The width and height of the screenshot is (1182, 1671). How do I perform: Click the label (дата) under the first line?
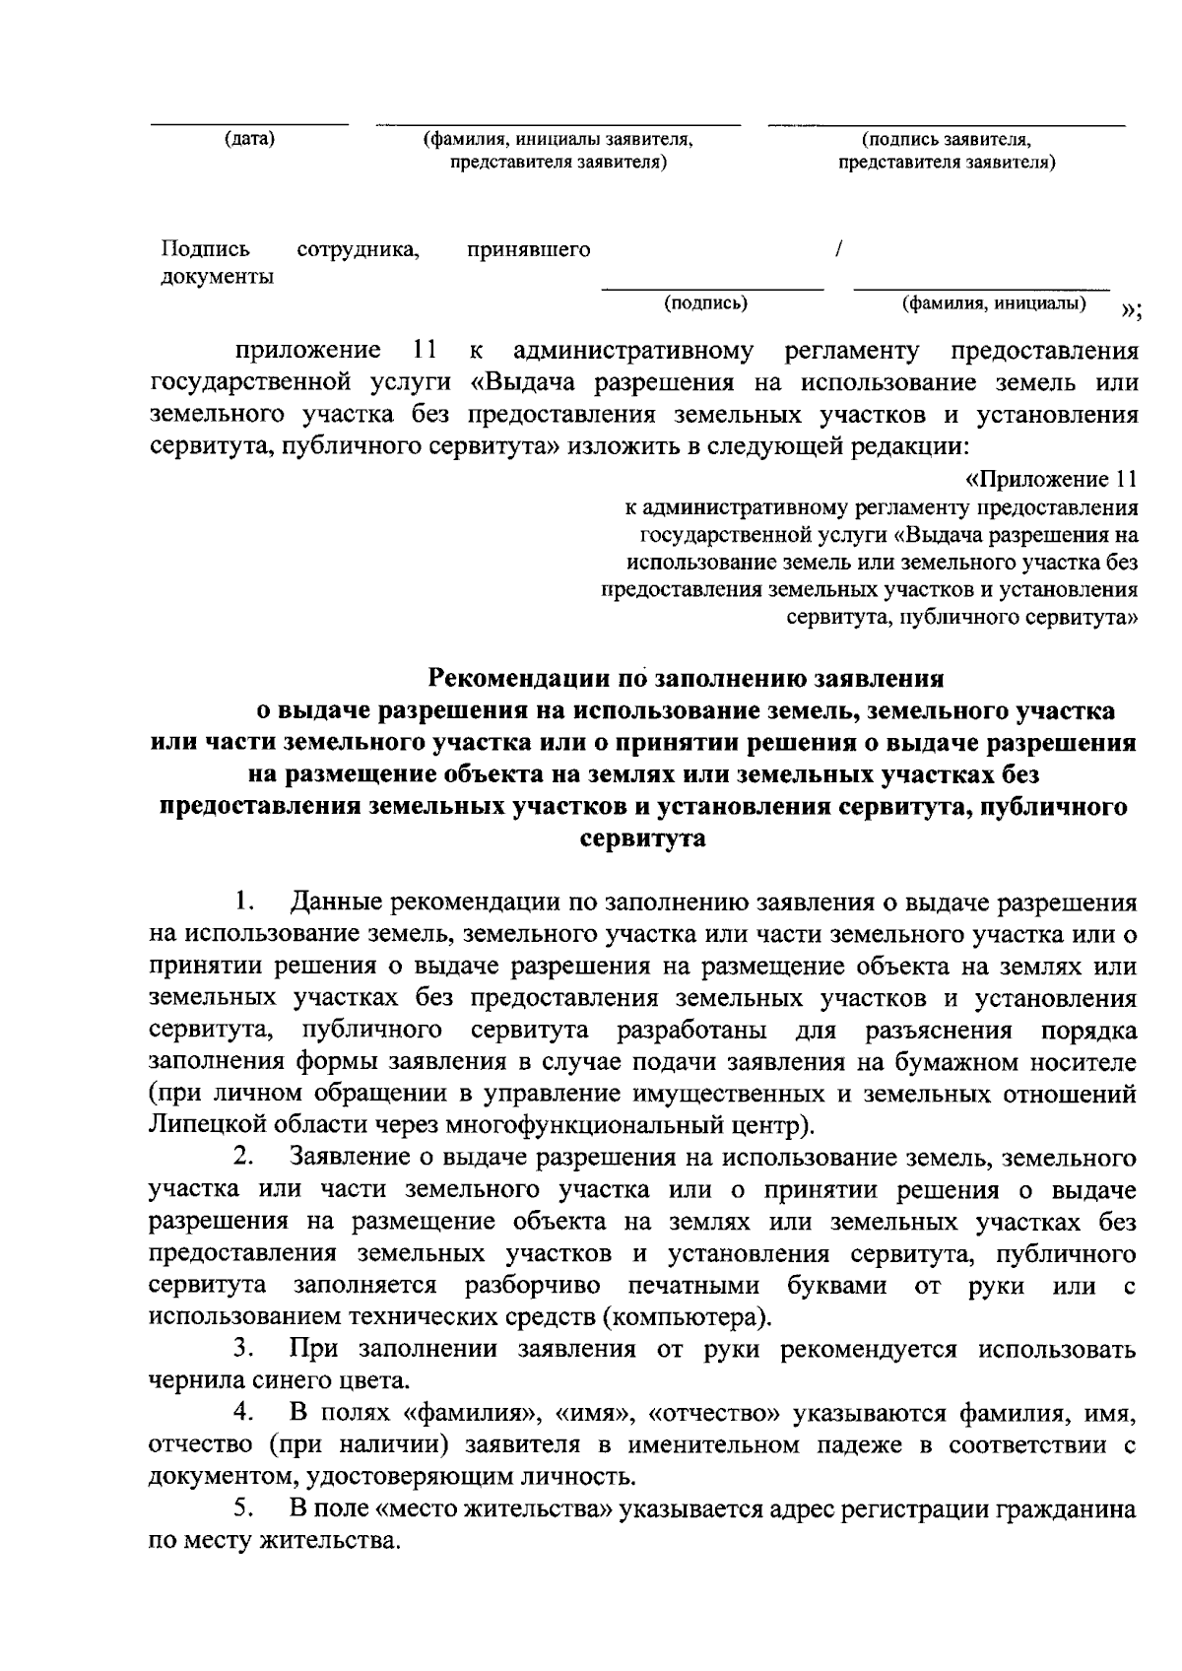[249, 139]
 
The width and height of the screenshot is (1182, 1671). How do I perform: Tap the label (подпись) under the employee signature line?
[706, 303]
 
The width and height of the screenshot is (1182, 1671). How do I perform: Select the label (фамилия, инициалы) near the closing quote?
[995, 303]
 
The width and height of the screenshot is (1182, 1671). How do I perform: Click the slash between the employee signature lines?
[836, 250]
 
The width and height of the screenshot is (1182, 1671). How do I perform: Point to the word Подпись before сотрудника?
[205, 250]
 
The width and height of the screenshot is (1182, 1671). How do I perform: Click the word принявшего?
[529, 250]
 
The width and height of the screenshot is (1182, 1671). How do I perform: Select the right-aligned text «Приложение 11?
[1050, 480]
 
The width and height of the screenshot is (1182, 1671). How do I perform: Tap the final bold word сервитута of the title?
[644, 839]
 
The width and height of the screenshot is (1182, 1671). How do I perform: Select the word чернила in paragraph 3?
[193, 1380]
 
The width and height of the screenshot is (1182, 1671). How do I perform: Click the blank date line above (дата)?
[249, 124]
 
